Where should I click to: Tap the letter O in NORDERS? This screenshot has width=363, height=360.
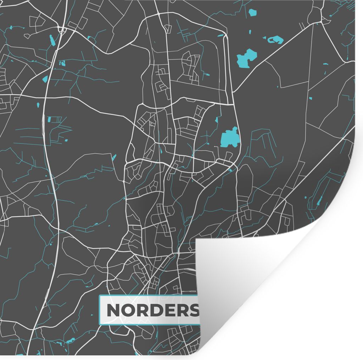(129, 310)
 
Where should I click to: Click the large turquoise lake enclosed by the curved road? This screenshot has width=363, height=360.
(229, 137)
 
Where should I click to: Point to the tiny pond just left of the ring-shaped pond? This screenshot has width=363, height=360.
(264, 38)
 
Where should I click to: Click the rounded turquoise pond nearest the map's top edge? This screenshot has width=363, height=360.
(252, 13)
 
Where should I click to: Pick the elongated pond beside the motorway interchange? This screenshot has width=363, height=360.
(52, 40)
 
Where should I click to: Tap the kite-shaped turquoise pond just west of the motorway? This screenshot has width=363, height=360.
(45, 79)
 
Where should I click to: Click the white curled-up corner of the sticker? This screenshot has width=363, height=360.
(248, 276)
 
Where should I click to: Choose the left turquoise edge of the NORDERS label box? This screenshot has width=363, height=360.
(100, 310)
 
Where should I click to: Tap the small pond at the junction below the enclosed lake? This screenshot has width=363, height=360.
(231, 170)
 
